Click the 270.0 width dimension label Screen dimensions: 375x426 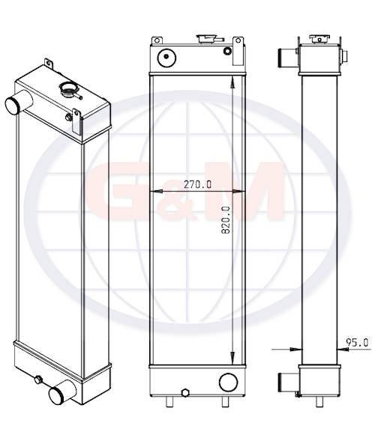197,184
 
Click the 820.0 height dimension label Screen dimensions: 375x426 226,220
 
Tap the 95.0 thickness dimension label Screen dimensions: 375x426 357,343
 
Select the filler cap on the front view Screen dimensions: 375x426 207,38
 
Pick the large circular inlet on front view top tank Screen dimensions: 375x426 166,58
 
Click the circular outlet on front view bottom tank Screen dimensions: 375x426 228,383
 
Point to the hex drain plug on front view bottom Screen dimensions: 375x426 185,393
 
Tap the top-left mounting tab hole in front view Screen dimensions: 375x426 157,40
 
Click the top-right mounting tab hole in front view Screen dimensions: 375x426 238,40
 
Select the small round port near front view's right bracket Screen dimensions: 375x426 227,51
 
